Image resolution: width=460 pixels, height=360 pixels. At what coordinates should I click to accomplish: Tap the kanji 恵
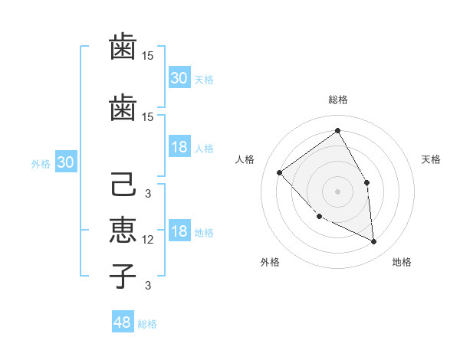(x=123, y=231)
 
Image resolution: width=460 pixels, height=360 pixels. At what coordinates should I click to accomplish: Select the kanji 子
(x=123, y=276)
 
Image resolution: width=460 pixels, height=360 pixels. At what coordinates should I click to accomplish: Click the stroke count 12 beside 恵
(x=149, y=240)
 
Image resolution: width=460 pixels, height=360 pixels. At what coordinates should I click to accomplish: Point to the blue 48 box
(x=123, y=322)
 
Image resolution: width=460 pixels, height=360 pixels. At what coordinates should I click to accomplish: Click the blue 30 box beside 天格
(x=179, y=78)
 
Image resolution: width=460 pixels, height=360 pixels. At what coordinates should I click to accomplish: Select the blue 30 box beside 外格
(x=65, y=162)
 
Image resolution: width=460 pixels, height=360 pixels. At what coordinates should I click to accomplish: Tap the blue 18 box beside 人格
(x=179, y=148)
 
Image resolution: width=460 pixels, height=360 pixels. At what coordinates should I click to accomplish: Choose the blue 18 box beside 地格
(x=179, y=232)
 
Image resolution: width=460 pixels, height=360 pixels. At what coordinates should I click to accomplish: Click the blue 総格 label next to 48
(x=147, y=324)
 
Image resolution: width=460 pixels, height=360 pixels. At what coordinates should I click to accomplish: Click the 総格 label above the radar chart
(x=337, y=100)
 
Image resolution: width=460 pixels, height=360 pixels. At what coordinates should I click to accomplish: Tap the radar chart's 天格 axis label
(x=432, y=159)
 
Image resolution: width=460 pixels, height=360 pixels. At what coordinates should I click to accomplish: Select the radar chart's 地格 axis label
(x=402, y=262)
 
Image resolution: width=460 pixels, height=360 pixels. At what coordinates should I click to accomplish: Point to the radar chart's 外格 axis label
(x=270, y=262)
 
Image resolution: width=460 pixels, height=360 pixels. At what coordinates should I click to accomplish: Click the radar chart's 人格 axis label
(x=245, y=159)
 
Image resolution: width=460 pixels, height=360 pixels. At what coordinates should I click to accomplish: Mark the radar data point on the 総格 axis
(x=337, y=131)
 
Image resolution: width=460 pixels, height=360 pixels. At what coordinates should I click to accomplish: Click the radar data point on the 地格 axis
(x=374, y=241)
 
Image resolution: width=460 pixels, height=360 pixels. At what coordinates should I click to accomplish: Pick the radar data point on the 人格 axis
(x=280, y=172)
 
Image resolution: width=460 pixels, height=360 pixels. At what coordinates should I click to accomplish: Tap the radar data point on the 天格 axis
(x=367, y=182)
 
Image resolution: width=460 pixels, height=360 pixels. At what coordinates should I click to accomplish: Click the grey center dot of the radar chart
(x=337, y=191)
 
